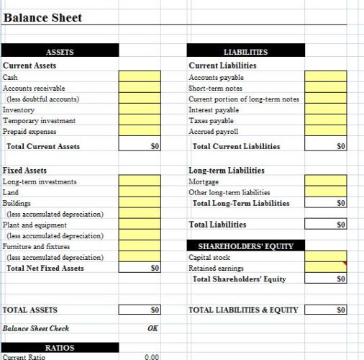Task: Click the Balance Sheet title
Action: (x=43, y=17)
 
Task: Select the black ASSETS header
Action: (x=60, y=52)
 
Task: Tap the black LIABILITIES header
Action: (x=246, y=52)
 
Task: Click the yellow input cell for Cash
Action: (x=140, y=77)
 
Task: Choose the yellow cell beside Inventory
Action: (x=140, y=109)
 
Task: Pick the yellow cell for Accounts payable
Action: (x=325, y=77)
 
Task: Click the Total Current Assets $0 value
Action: (x=140, y=146)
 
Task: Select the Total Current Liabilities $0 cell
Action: (x=325, y=146)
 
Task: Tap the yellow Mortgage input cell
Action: (x=325, y=181)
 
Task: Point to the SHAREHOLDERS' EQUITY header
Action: (x=246, y=246)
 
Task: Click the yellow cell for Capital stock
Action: (x=325, y=257)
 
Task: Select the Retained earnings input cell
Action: (x=325, y=268)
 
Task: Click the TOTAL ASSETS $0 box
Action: (x=140, y=310)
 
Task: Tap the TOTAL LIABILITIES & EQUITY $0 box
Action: (x=325, y=310)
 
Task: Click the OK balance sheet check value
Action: (x=152, y=328)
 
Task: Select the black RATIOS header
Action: (x=60, y=348)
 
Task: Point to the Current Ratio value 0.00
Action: (x=151, y=356)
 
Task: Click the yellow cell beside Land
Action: (x=140, y=192)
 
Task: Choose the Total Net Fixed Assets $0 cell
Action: (x=140, y=268)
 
